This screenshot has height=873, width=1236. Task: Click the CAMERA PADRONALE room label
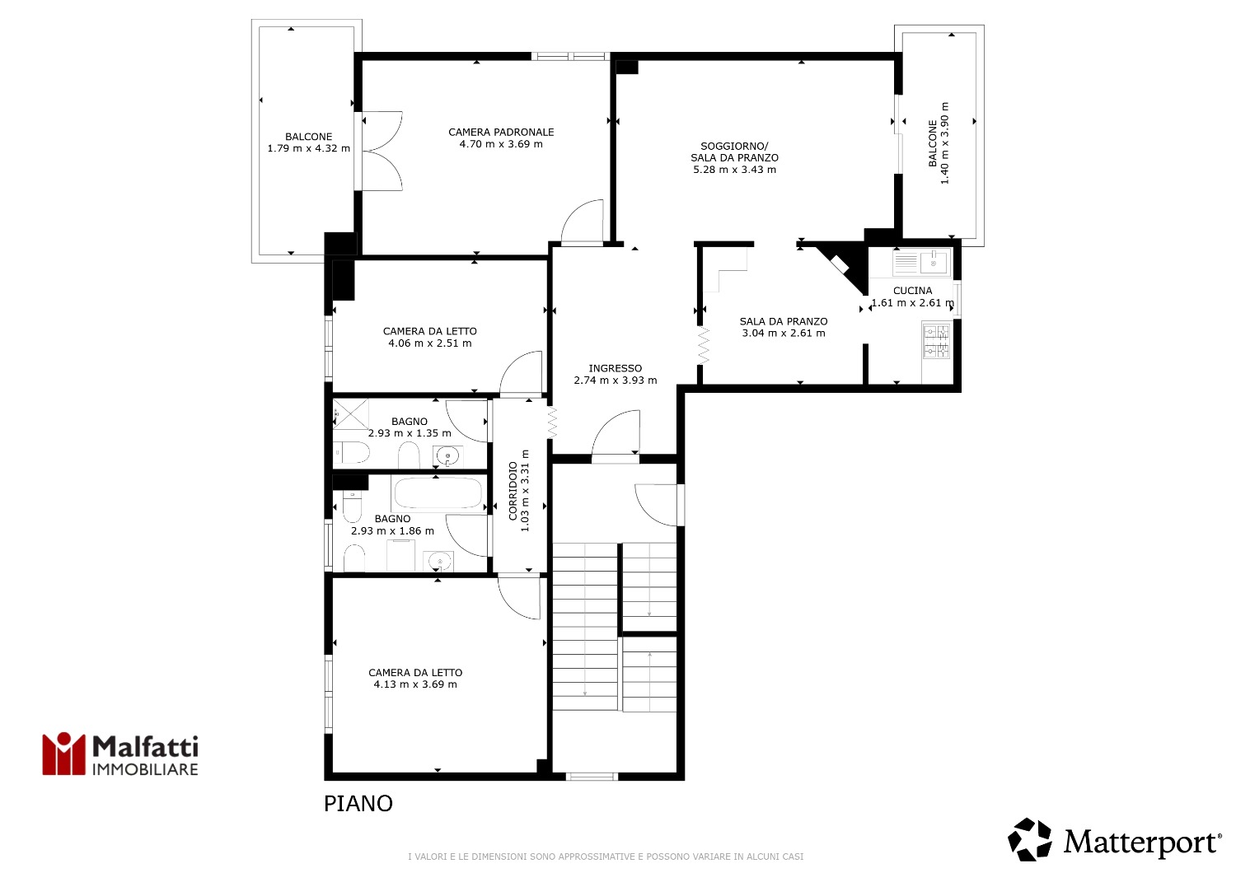click(x=501, y=133)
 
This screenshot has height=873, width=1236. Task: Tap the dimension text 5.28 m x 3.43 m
click(x=734, y=170)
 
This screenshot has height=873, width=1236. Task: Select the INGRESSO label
click(x=616, y=368)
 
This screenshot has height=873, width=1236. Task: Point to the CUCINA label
click(x=913, y=291)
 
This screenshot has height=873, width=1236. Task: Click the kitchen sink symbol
click(x=921, y=263)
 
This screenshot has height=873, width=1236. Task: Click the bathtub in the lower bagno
click(x=438, y=493)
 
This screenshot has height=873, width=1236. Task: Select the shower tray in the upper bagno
click(x=351, y=413)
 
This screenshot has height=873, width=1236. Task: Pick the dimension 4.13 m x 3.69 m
click(x=415, y=685)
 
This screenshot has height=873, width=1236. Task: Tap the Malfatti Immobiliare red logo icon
click(x=64, y=754)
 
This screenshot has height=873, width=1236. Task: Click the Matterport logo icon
click(x=1030, y=840)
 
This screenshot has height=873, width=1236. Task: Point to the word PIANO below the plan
click(x=358, y=804)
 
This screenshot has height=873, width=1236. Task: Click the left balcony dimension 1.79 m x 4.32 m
click(x=309, y=148)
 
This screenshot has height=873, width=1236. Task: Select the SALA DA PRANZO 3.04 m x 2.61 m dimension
click(x=784, y=333)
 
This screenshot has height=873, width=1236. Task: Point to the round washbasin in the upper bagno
click(x=447, y=456)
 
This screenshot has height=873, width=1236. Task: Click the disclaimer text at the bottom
click(x=606, y=857)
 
